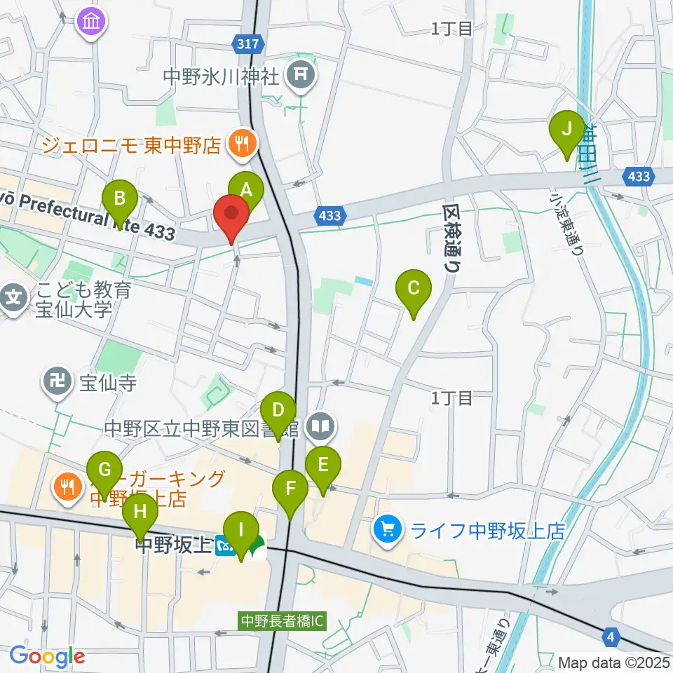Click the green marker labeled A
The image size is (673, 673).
pos(245,189)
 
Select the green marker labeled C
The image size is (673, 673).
pos(414,288)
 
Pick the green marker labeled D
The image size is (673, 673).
pos(278,411)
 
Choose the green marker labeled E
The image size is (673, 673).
pos(323,465)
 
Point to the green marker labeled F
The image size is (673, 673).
pos(290,489)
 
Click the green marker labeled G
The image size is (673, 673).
pos(104,470)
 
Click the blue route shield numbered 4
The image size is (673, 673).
pos(612,637)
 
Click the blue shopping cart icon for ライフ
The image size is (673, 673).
pos(388,528)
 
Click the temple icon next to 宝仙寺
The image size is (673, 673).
pos(58,382)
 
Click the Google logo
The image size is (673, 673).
pos(47,656)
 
